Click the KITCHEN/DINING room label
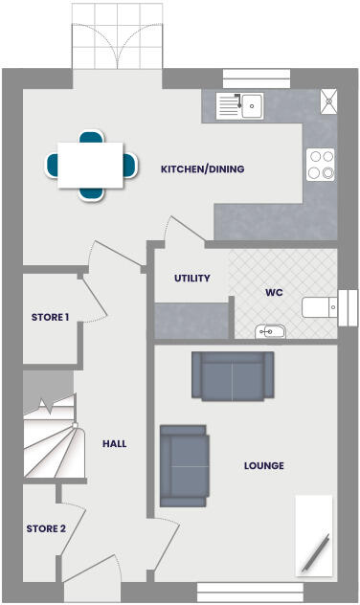point(202,169)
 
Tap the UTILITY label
point(191,279)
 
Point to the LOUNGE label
point(263,466)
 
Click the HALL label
point(115,443)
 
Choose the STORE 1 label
point(50,317)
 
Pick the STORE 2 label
point(46,528)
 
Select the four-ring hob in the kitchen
point(320,165)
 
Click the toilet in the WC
point(319,306)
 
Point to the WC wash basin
point(271,331)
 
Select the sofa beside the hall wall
point(184,464)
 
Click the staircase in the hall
point(50,436)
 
